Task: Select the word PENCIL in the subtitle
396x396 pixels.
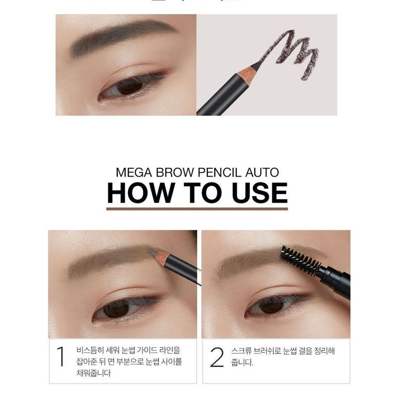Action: click(x=209, y=173)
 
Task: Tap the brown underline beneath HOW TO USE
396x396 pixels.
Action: click(x=197, y=209)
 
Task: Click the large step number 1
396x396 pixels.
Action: click(x=61, y=357)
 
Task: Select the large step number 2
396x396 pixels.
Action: click(x=217, y=357)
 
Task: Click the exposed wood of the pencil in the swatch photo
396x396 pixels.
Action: click(x=246, y=75)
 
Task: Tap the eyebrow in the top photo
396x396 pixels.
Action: click(x=119, y=37)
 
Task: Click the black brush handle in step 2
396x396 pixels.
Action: click(x=337, y=280)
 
